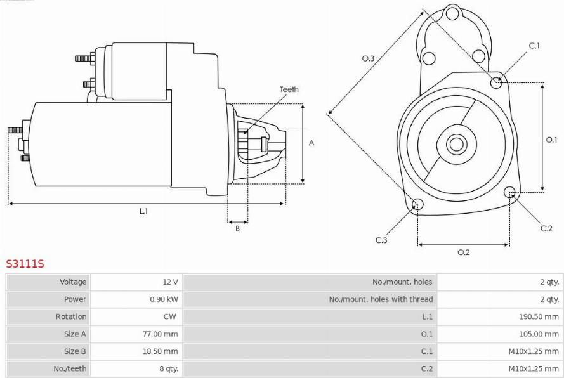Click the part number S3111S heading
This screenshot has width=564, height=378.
click(x=25, y=264)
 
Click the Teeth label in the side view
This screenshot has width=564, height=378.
click(x=289, y=89)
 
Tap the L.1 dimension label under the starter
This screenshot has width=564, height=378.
click(x=143, y=211)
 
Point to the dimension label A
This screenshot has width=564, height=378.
click(x=312, y=143)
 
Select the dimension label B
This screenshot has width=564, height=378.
click(x=237, y=228)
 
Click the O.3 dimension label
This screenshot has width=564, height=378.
click(x=368, y=58)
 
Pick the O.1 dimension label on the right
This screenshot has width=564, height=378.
click(x=551, y=140)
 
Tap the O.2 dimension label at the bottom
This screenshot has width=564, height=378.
click(x=463, y=252)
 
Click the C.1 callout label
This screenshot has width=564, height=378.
click(x=534, y=46)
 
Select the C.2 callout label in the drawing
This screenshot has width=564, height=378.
click(x=546, y=228)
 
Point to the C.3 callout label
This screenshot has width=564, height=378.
click(x=381, y=240)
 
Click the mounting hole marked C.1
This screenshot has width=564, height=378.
click(x=496, y=82)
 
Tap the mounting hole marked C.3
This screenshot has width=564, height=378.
click(x=417, y=204)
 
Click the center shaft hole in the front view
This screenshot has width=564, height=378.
click(x=456, y=144)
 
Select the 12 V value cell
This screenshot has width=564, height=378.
click(x=170, y=282)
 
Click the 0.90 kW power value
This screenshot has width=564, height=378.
click(x=164, y=299)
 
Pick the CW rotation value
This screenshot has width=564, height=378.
click(x=170, y=316)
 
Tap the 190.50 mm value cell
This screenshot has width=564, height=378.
click(x=539, y=316)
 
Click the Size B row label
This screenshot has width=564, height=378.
click(x=75, y=351)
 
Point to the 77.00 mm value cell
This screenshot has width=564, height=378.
click(x=161, y=334)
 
